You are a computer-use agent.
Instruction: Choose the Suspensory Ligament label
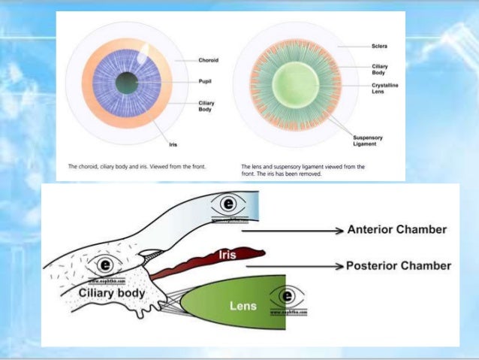[367, 141]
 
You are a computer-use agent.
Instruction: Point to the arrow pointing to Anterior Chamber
[300, 229]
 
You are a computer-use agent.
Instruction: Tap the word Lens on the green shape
[243, 307]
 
